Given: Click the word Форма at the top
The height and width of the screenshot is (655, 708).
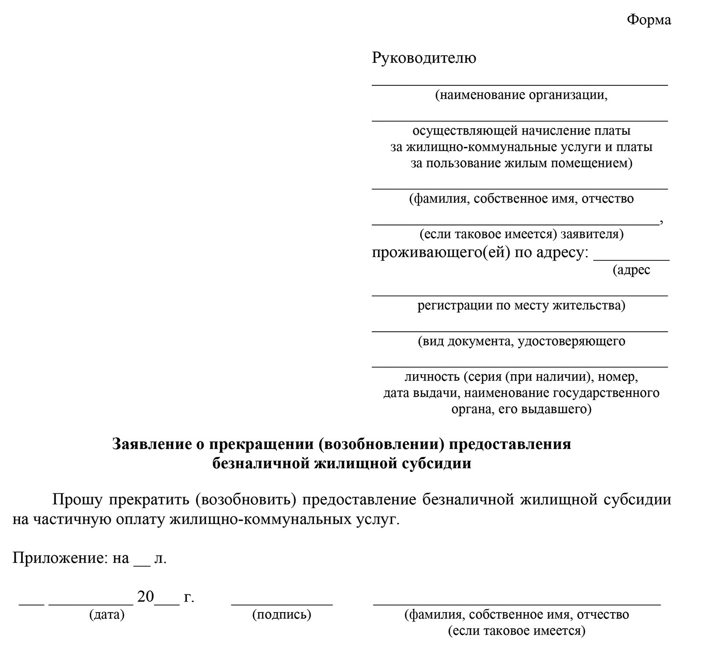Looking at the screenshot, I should coord(648,20).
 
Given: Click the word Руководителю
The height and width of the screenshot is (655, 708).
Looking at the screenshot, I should coord(424,58).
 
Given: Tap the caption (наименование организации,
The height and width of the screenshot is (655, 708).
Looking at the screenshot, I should coord(521,95).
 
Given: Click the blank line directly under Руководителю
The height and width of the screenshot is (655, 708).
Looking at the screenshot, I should coord(520,85).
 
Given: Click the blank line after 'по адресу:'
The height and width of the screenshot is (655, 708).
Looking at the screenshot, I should coord(631,260).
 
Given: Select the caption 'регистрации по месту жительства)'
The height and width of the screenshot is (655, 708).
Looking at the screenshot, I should coord(521,305).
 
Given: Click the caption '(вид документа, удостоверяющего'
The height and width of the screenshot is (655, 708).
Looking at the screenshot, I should coord(521,341).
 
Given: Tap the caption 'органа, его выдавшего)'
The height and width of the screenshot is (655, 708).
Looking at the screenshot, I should coord(521,409).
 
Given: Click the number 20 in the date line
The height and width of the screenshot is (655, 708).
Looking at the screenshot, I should coord(146,597).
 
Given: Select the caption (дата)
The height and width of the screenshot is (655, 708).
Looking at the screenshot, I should coord(106,615).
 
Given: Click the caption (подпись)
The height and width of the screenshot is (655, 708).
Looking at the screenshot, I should coord(281,615).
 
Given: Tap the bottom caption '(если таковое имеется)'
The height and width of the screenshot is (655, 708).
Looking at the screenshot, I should coord(516,631).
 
